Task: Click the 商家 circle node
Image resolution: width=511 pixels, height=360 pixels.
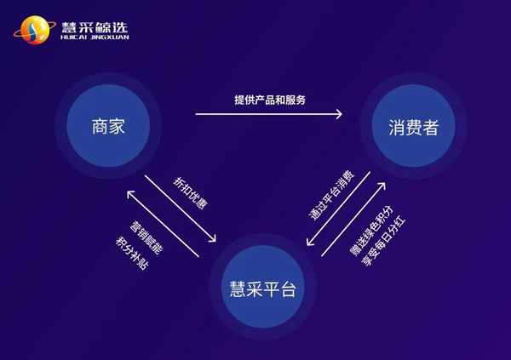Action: click(x=108, y=126)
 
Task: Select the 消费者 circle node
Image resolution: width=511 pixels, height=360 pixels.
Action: click(x=414, y=126)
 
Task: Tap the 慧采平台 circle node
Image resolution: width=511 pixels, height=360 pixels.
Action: click(x=262, y=287)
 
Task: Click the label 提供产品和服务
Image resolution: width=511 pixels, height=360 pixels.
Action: click(x=270, y=100)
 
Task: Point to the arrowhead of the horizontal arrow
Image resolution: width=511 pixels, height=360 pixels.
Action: click(x=339, y=114)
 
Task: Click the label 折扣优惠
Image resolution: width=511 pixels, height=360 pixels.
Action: click(x=190, y=193)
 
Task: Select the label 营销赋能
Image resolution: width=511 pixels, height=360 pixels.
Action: click(x=146, y=237)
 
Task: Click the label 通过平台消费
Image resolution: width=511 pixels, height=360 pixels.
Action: click(x=330, y=195)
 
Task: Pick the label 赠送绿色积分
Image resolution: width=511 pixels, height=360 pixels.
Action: click(x=371, y=231)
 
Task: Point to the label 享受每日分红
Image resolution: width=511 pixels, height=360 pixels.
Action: click(x=383, y=242)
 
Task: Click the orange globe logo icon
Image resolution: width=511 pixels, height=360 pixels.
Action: click(x=35, y=30)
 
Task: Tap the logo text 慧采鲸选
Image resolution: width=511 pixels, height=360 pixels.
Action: click(x=95, y=27)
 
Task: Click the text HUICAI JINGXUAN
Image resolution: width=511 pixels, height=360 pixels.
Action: click(x=95, y=37)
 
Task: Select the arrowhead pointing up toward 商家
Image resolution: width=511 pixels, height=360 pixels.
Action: click(x=129, y=194)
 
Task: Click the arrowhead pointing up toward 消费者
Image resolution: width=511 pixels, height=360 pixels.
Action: click(x=382, y=186)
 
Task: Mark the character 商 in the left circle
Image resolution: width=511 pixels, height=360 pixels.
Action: click(x=100, y=127)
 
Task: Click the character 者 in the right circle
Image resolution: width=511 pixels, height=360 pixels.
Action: click(x=430, y=127)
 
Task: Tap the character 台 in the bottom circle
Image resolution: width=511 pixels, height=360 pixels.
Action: click(x=288, y=289)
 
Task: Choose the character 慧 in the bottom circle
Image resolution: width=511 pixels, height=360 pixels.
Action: click(x=238, y=289)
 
